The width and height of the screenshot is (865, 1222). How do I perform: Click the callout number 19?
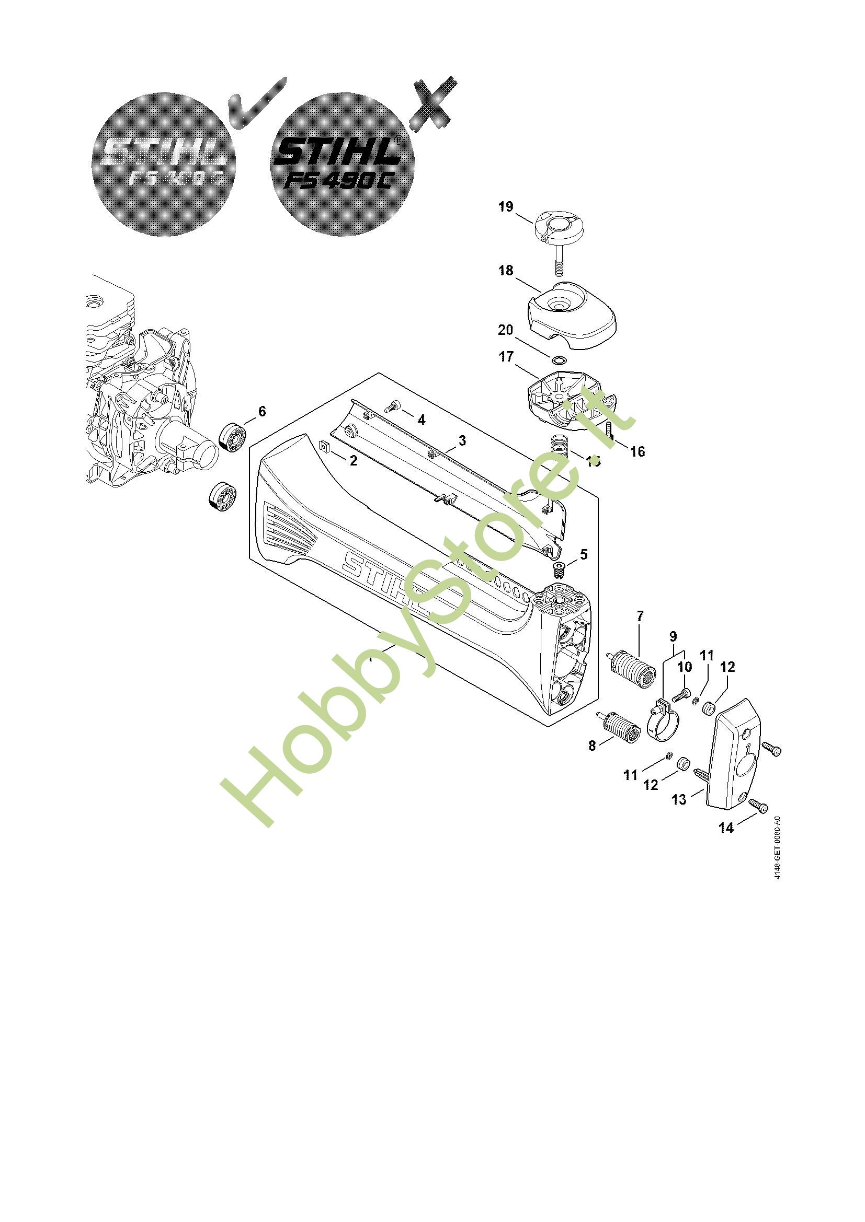(x=506, y=207)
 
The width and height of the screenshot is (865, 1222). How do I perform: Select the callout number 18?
(x=506, y=271)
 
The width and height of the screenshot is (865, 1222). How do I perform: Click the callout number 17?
(x=506, y=357)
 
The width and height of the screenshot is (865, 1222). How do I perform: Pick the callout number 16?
(x=637, y=451)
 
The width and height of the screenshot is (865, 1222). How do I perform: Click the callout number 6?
(x=261, y=411)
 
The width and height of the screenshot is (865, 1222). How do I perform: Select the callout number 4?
(x=422, y=421)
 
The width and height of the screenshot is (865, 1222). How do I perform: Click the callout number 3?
(x=462, y=441)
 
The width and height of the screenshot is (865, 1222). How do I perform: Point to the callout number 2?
(x=353, y=460)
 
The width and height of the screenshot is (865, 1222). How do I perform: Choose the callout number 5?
(x=584, y=555)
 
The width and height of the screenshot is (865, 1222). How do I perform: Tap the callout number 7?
(x=640, y=616)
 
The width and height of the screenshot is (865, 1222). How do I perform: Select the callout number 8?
(x=593, y=746)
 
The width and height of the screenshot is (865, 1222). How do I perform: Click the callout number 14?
(x=726, y=827)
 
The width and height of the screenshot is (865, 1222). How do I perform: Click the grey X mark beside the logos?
(x=433, y=104)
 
